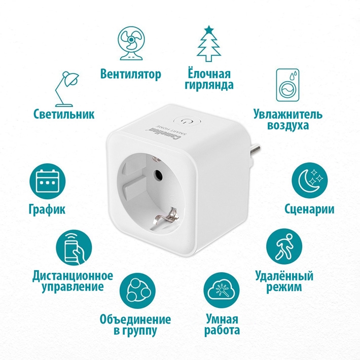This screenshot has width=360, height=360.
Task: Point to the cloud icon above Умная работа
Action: click(222, 293)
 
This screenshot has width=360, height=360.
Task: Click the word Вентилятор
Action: click(130, 75)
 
